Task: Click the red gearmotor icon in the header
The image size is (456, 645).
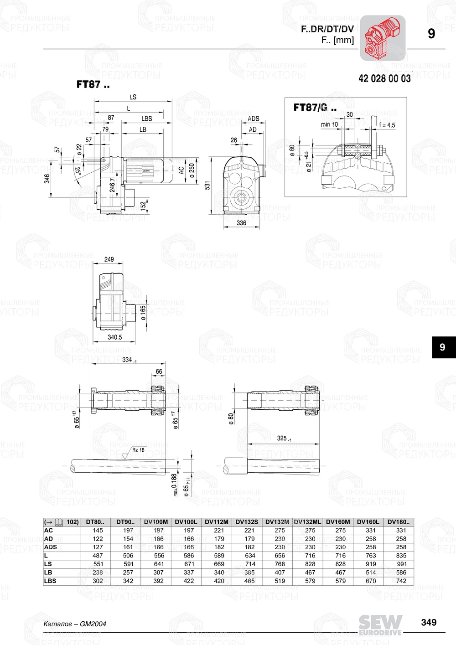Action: click(x=382, y=38)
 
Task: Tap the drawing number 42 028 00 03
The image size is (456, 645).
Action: click(x=384, y=79)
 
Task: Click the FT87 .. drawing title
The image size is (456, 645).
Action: click(x=93, y=84)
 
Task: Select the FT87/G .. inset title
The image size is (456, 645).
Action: click(x=315, y=108)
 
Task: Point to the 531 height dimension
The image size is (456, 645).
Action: click(x=207, y=186)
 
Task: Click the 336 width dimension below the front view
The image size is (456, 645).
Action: click(x=241, y=223)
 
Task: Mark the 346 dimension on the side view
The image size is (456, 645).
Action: click(x=47, y=179)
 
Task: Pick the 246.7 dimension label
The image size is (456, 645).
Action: click(x=112, y=185)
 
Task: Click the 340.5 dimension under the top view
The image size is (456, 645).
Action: click(x=114, y=337)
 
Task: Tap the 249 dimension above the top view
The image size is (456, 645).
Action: click(x=109, y=259)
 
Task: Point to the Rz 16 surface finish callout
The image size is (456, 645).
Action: click(x=138, y=450)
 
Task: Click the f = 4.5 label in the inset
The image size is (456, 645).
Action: click(x=387, y=125)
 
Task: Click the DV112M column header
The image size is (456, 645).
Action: click(x=216, y=522)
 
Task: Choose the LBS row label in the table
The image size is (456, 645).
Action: click(x=50, y=581)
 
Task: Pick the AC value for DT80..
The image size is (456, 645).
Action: click(x=98, y=530)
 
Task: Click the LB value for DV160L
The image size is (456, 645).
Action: click(x=371, y=573)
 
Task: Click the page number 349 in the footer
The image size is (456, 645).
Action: click(x=429, y=622)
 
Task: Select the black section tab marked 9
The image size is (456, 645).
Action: click(x=442, y=347)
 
